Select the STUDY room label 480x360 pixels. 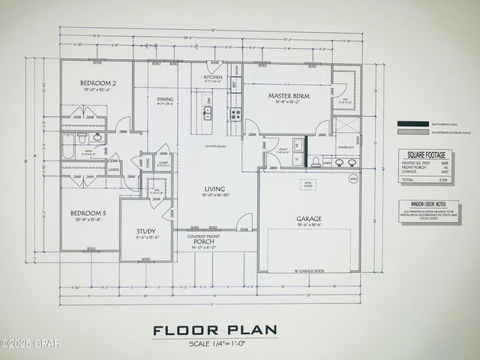(145, 231)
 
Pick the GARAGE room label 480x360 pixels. (309, 217)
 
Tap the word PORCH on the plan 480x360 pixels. (203, 241)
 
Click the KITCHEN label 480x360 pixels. (214, 76)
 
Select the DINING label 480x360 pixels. (165, 98)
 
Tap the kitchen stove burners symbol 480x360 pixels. (235, 114)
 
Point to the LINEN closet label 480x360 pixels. (113, 169)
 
